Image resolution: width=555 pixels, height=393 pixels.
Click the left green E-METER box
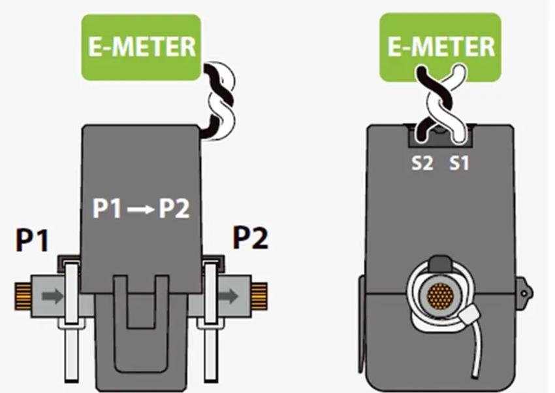coord(141,47)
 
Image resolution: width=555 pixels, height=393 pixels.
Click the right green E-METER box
coord(440,47)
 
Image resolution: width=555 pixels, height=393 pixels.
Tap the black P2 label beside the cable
coord(250,237)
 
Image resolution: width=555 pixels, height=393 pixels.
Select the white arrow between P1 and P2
coord(141,209)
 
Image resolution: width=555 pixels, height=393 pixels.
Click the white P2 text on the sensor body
coord(174,209)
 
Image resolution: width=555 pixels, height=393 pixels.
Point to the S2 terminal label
coord(422,163)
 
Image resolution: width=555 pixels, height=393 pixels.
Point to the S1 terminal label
coord(459,163)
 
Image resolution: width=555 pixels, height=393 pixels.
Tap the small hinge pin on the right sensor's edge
coord(524,293)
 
